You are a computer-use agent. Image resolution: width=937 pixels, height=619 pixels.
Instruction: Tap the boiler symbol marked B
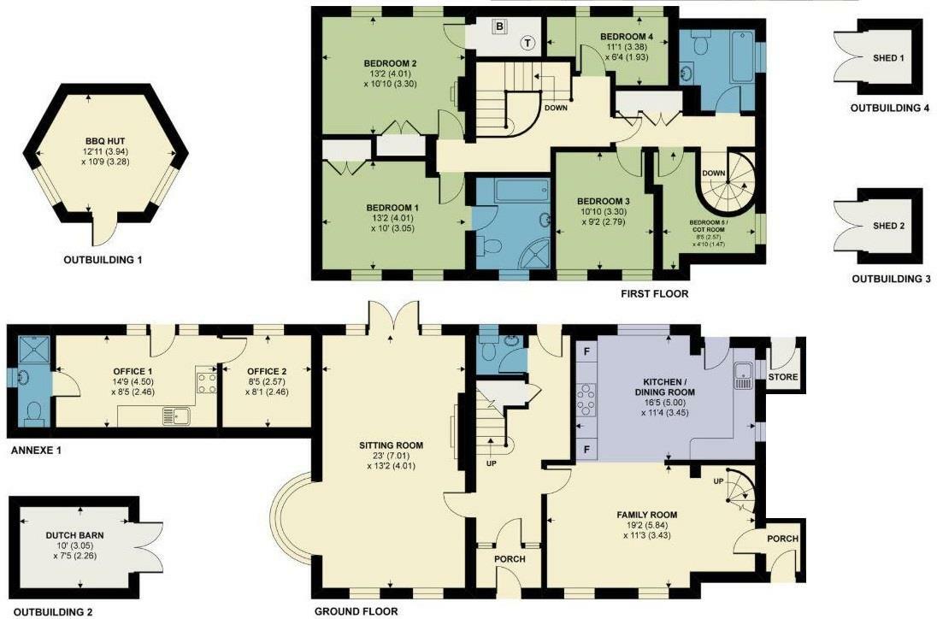click(499, 27)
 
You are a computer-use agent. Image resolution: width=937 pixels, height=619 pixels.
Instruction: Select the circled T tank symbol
click(527, 43)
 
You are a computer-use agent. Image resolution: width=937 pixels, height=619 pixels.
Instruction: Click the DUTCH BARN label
click(74, 535)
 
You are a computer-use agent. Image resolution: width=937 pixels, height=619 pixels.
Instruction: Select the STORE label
click(783, 377)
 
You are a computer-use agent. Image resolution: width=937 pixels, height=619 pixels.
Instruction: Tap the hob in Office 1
click(207, 383)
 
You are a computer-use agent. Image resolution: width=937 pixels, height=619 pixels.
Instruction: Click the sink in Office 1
click(176, 416)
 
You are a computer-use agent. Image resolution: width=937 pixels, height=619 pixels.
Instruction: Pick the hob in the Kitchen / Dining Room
click(586, 400)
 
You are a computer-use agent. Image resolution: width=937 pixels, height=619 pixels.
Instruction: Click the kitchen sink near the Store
click(743, 376)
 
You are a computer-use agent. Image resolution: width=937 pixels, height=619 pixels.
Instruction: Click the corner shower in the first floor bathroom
click(535, 254)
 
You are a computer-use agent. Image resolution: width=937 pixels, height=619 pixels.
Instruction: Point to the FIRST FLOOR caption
click(654, 294)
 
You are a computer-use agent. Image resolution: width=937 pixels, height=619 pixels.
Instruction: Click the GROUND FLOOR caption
click(357, 611)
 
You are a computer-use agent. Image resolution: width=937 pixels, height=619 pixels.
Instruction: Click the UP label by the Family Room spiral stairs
click(720, 481)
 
